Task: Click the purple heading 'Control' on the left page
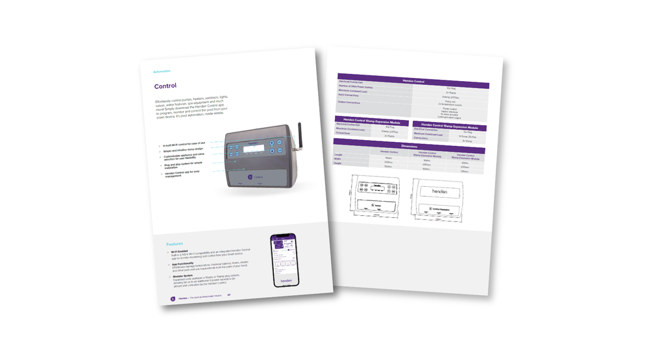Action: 165,86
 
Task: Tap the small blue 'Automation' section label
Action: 162,71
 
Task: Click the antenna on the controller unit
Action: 299,137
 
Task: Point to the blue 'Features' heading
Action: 175,245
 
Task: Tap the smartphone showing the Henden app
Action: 285,260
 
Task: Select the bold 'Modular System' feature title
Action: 184,276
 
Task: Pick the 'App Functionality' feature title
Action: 186,264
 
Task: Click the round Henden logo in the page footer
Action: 173,299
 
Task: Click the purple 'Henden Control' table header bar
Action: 413,81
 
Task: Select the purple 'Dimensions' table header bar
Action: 409,146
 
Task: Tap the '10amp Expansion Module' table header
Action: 372,121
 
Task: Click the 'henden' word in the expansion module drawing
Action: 440,192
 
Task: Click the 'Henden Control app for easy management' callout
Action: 182,174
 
